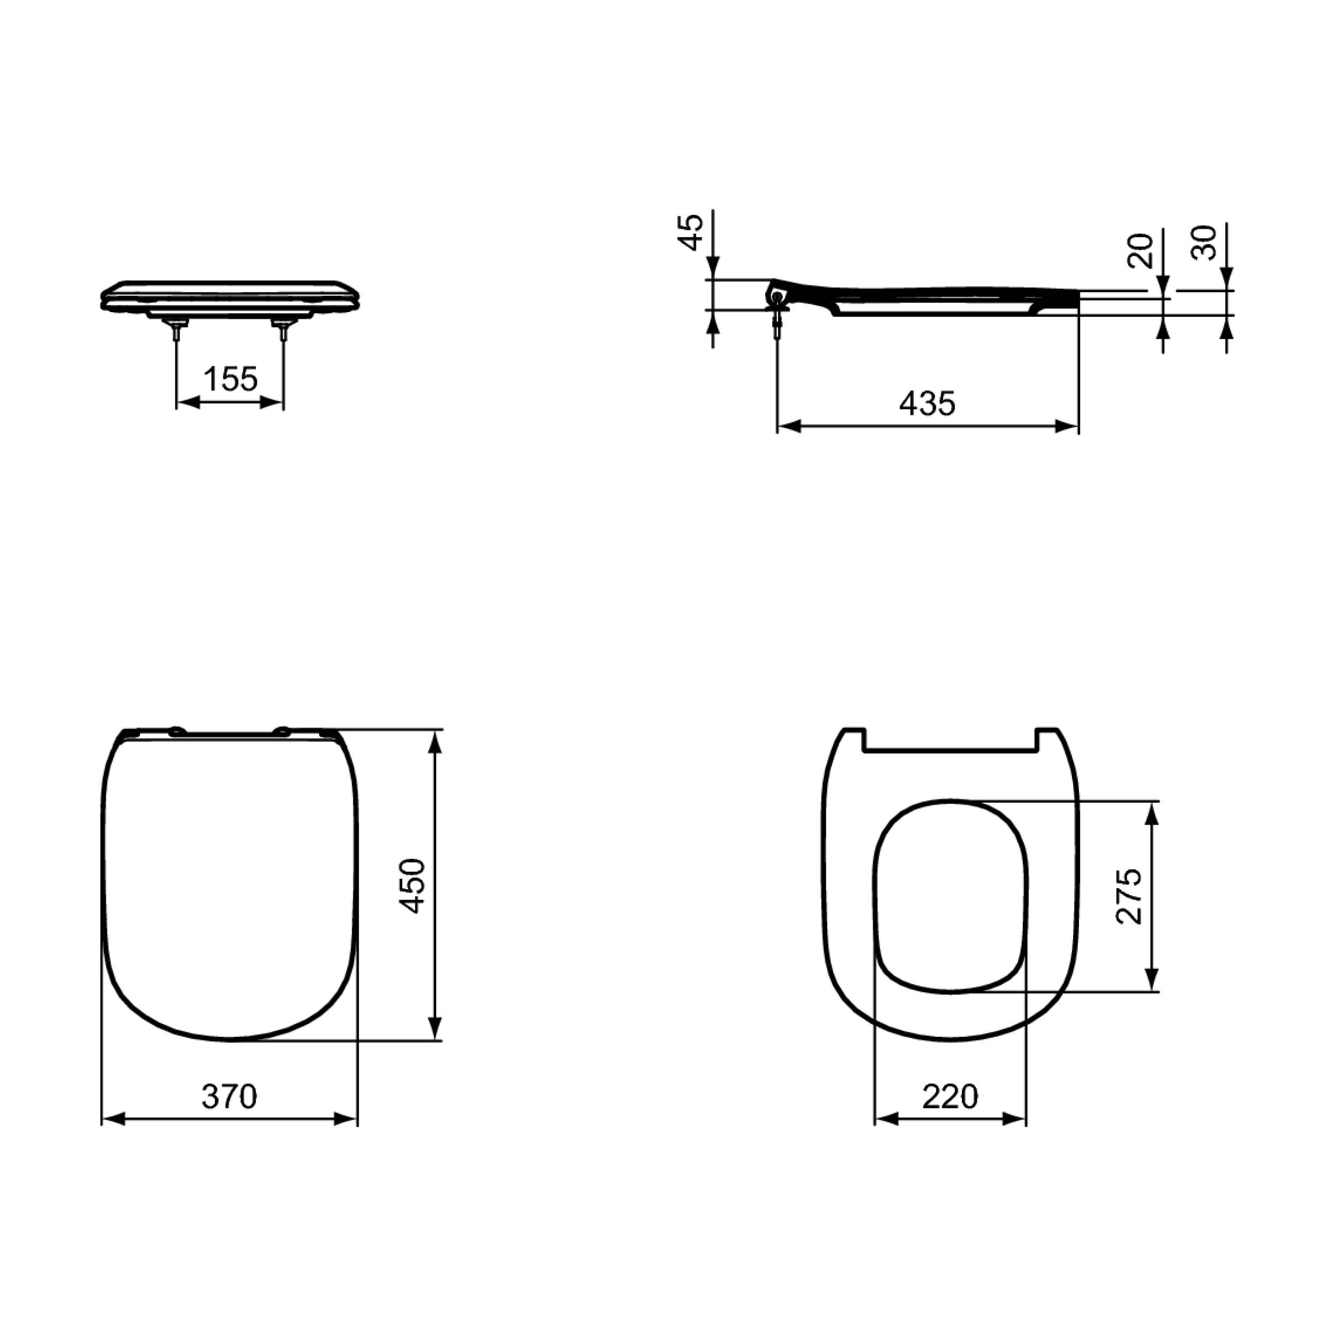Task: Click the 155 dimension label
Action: point(230,379)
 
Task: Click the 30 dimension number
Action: point(1205,243)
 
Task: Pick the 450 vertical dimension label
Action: point(414,886)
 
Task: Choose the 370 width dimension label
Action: point(229,1096)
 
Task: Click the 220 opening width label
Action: point(950,1096)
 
